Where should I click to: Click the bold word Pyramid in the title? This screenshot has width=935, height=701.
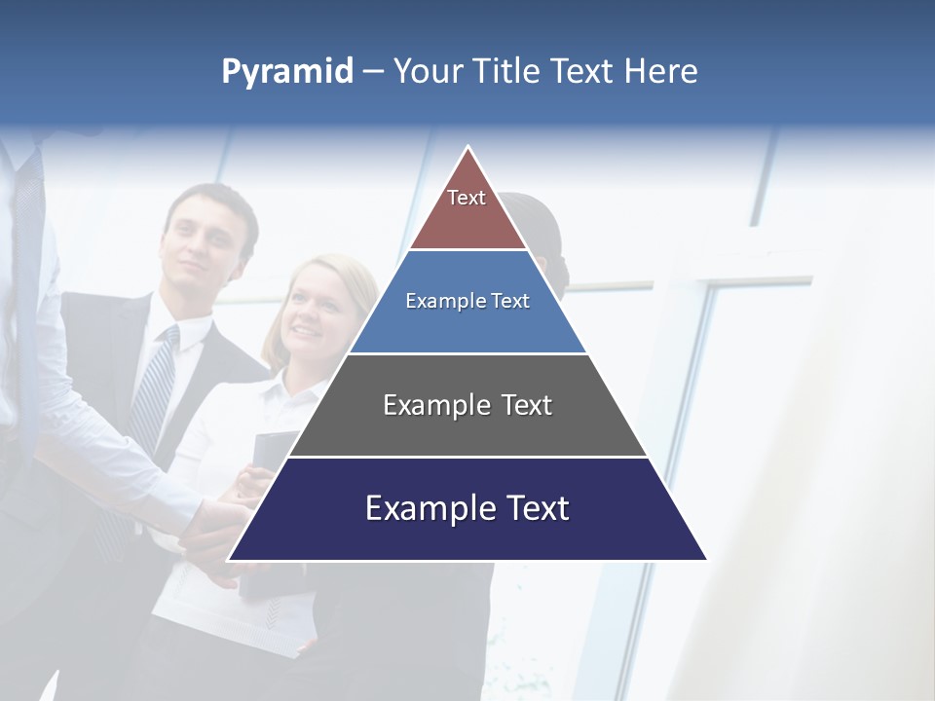[x=287, y=72]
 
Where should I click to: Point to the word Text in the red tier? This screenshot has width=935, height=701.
[x=467, y=198]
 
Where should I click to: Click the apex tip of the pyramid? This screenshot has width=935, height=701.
[x=468, y=149]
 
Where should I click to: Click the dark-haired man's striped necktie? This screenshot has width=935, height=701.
[x=154, y=389]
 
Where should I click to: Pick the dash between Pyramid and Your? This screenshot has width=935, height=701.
[x=373, y=72]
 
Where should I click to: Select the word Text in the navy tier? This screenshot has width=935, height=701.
[x=535, y=508]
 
